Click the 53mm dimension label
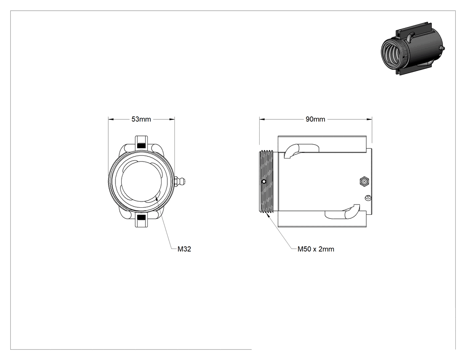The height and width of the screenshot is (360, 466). (x=141, y=119)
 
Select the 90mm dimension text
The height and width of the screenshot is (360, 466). (x=315, y=119)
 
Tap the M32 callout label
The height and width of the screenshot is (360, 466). (x=184, y=249)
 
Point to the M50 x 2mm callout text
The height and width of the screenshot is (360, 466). (x=316, y=249)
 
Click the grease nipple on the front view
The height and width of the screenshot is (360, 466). (x=181, y=181)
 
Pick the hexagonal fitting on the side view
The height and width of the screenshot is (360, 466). (x=364, y=181)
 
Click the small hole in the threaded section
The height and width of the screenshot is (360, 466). (x=264, y=182)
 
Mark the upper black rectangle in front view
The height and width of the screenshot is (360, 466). (x=142, y=145)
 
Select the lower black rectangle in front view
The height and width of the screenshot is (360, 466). (x=142, y=218)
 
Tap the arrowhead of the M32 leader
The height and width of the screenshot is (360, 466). (x=157, y=198)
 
